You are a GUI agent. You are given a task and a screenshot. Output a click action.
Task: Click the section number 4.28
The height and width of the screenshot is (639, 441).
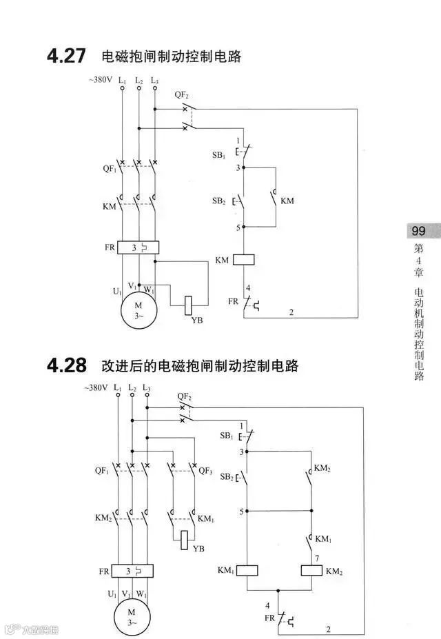pyautogui.click(x=67, y=365)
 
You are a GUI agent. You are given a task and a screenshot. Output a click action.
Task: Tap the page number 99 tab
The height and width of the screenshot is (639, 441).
pyautogui.click(x=418, y=232)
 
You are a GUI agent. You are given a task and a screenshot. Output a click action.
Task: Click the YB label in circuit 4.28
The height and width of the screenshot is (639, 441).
pyautogui.click(x=198, y=549)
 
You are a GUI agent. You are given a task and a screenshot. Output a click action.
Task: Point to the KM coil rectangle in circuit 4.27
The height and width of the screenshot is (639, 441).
pyautogui.click(x=245, y=260)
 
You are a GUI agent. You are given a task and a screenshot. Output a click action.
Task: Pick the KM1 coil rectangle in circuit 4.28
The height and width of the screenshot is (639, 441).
pyautogui.click(x=247, y=570)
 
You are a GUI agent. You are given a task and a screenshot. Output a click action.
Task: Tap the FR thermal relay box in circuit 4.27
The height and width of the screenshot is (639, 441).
pyautogui.click(x=138, y=247)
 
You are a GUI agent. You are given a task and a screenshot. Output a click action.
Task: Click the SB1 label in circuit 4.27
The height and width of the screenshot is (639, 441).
pyautogui.click(x=219, y=156)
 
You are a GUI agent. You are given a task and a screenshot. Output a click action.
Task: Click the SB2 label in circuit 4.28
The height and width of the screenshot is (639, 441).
pyautogui.click(x=226, y=477)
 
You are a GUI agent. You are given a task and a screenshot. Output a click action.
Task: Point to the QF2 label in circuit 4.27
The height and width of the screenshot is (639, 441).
pyautogui.click(x=181, y=94)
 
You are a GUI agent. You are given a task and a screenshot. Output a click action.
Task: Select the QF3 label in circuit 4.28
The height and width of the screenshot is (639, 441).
pyautogui.click(x=206, y=471)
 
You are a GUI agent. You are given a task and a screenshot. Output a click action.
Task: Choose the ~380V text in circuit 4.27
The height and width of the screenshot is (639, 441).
pyautogui.click(x=100, y=80)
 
